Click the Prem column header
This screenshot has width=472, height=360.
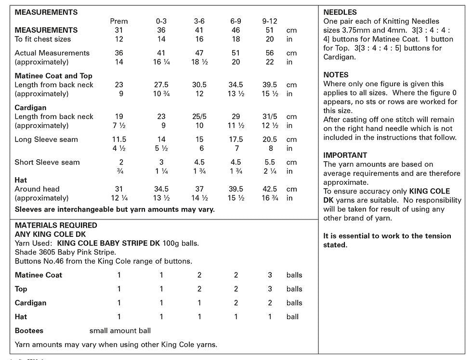119,21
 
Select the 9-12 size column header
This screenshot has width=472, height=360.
270,21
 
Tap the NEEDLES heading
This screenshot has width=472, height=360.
340,13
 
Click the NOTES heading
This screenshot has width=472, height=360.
336,75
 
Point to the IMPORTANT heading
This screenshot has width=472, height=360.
345,155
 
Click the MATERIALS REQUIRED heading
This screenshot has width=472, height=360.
56,225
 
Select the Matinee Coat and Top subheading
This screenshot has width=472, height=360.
53,76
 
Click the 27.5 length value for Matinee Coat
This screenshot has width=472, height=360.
161,85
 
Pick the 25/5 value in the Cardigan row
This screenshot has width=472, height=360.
199,116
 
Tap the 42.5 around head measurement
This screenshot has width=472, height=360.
270,189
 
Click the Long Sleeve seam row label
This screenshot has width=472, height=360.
46,140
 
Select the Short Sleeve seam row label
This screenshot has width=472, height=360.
47,162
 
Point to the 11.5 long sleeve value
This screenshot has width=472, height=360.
119,140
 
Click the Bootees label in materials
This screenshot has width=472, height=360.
29,331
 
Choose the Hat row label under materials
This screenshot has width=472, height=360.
21,317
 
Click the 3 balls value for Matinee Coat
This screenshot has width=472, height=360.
270,275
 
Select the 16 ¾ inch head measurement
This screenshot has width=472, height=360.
270,198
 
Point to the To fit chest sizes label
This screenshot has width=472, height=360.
43,39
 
